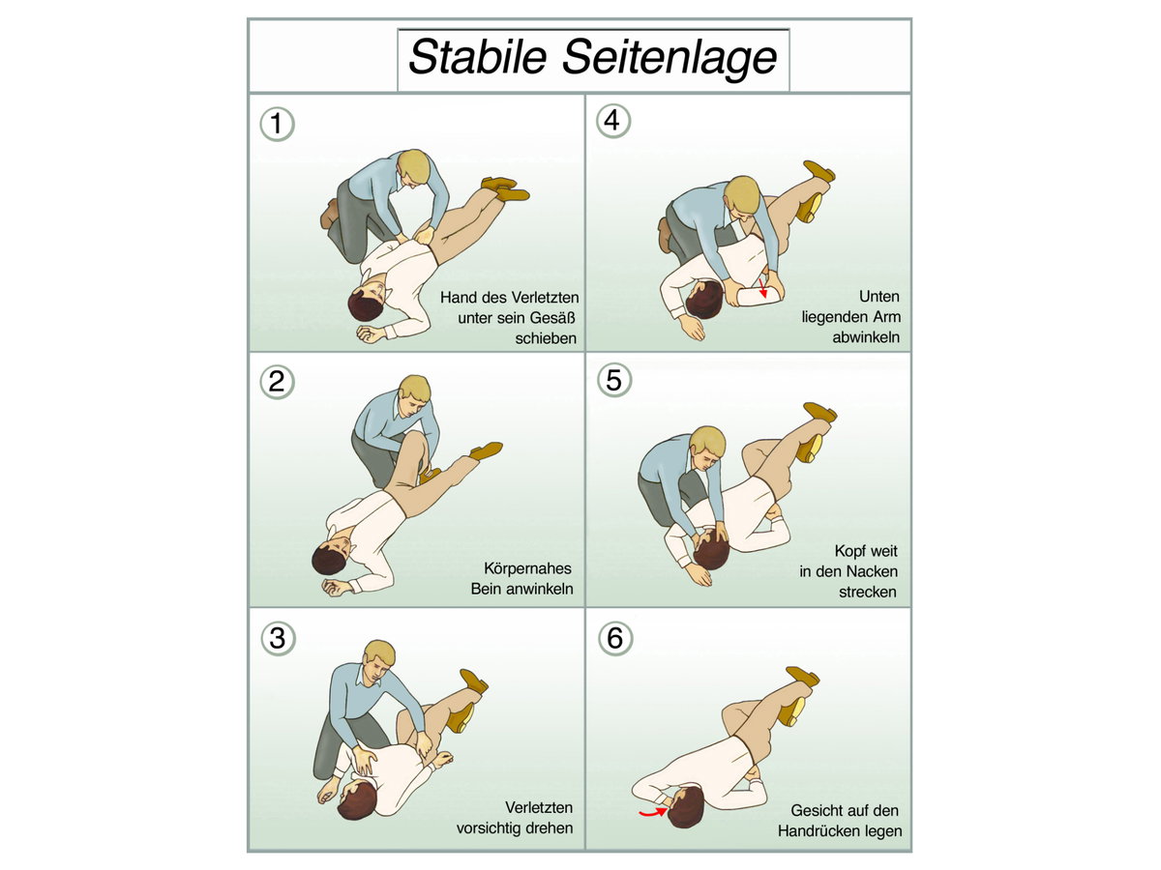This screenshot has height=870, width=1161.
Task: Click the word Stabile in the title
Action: coord(478,57)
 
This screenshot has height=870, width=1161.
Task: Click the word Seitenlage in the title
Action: coord(670,58)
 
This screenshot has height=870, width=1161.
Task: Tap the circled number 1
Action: coord(277,124)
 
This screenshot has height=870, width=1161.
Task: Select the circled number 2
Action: coord(277,382)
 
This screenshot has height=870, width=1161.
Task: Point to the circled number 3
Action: coord(278,638)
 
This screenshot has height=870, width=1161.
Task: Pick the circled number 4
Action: coord(613,121)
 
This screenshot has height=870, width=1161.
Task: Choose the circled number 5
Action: coord(614,379)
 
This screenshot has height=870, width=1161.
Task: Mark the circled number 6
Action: coord(615,638)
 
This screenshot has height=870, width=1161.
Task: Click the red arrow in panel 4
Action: coord(762,288)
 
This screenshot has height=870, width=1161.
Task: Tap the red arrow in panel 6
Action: coord(654,812)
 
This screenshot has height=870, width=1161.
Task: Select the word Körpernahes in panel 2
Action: coord(527,568)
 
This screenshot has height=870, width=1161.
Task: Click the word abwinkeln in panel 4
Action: coord(865,337)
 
